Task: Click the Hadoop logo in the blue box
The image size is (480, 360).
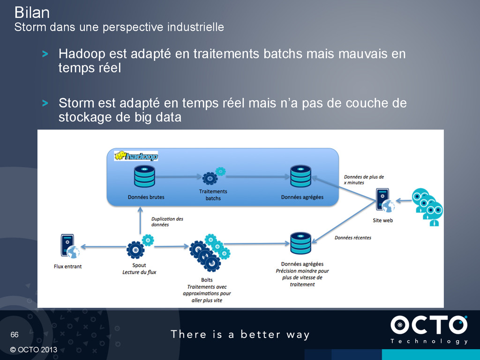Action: coord(136,156)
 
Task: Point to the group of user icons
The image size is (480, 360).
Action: coord(427,207)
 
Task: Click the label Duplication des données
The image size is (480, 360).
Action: coord(167,222)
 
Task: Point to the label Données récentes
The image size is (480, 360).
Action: coord(352,238)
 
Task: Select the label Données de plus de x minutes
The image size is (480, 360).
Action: coord(364,180)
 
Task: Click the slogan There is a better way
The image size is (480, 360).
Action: coord(240,334)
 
